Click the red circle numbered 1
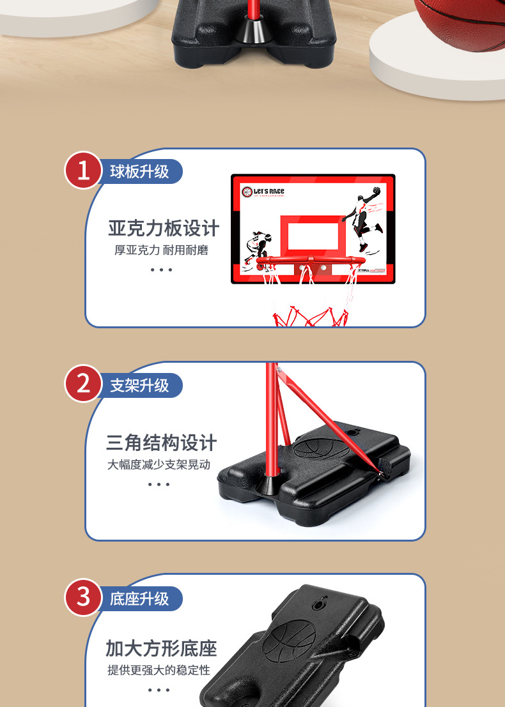click(83, 171)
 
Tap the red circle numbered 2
click(83, 384)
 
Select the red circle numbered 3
click(83, 598)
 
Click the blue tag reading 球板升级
click(140, 171)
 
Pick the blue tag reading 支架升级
click(140, 385)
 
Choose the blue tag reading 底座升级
click(140, 598)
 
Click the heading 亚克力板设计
click(164, 228)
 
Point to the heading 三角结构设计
click(162, 443)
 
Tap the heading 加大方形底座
click(162, 649)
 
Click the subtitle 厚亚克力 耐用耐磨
click(161, 250)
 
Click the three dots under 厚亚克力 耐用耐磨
click(161, 270)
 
